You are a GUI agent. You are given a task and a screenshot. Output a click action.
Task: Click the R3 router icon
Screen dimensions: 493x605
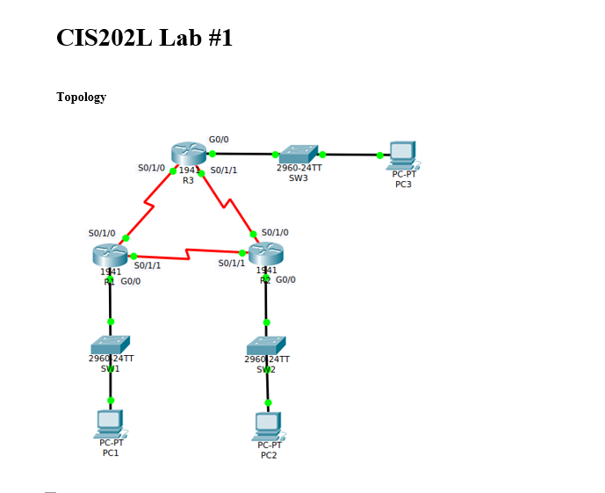click(188, 154)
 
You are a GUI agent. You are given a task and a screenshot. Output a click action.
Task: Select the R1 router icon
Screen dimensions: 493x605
click(109, 255)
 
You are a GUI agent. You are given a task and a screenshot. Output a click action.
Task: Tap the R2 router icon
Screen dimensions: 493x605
click(266, 254)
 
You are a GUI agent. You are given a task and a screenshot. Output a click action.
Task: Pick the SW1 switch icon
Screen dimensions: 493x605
click(110, 344)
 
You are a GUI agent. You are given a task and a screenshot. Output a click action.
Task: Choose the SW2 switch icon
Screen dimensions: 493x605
click(266, 345)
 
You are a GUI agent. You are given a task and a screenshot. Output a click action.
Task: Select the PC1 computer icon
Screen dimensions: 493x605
click(110, 424)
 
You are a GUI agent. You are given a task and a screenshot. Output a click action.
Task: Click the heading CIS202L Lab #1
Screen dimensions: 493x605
click(144, 38)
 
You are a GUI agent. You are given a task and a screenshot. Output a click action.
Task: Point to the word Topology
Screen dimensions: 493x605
click(81, 97)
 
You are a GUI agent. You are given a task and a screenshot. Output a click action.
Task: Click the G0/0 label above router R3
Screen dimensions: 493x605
click(219, 140)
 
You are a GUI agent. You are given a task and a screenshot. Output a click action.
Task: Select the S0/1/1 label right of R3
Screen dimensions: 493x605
click(223, 170)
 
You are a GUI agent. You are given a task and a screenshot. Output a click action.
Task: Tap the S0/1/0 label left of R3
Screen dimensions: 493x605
click(151, 167)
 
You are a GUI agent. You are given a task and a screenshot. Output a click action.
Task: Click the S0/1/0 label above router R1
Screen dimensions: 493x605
click(102, 233)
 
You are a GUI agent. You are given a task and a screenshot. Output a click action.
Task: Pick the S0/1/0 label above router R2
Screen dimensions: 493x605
click(275, 232)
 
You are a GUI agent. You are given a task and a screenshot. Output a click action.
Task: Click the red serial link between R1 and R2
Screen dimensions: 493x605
click(188, 256)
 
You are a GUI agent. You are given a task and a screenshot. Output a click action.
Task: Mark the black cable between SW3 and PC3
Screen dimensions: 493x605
click(351, 155)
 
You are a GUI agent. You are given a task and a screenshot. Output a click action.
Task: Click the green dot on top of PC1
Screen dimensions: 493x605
click(110, 401)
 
